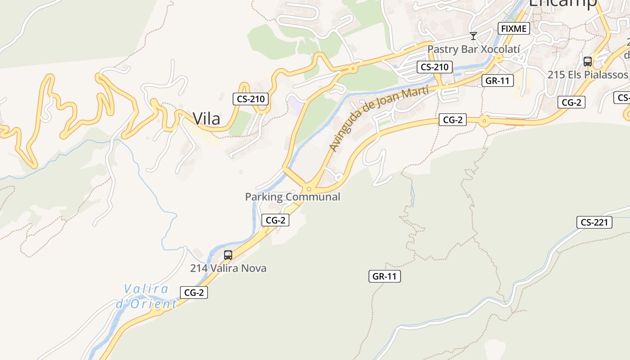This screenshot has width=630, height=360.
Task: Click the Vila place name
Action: click(x=207, y=119)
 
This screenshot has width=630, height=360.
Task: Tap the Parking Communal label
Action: click(x=292, y=197)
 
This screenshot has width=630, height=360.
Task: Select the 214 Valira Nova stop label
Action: click(x=228, y=268)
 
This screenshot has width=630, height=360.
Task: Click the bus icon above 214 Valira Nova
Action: click(x=228, y=255)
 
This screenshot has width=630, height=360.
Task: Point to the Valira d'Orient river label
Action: click(x=146, y=297)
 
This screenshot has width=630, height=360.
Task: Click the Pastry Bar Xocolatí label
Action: click(x=473, y=49)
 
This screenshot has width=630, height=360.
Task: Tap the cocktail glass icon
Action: click(x=473, y=36)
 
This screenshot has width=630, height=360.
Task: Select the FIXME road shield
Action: click(x=513, y=29)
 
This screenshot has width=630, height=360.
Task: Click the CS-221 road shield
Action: click(x=594, y=222)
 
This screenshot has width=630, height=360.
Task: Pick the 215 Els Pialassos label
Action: click(x=587, y=75)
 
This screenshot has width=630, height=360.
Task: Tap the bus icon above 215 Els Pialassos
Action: click(x=587, y=62)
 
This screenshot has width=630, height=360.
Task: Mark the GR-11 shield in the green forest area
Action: click(x=385, y=276)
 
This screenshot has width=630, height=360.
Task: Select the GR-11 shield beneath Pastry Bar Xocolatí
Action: click(x=497, y=81)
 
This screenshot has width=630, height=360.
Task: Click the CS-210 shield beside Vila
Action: click(x=251, y=99)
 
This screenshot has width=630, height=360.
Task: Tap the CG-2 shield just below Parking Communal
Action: click(x=275, y=220)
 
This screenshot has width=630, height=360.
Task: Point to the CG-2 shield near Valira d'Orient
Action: click(x=194, y=292)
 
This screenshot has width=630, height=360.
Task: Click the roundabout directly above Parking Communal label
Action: click(x=309, y=189)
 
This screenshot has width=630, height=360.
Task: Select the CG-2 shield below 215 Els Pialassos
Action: click(x=571, y=103)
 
